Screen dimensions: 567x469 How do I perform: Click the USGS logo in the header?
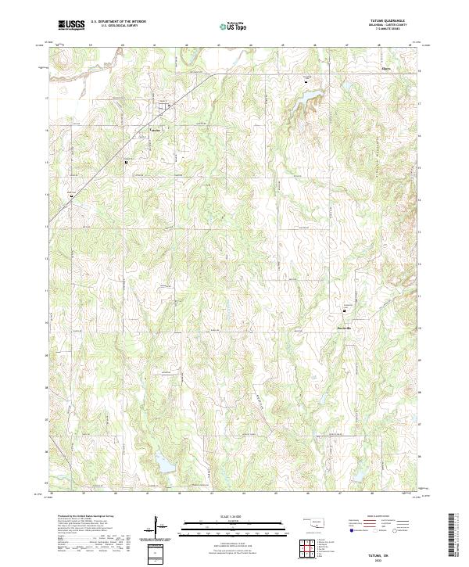pyautogui.click(x=71, y=25)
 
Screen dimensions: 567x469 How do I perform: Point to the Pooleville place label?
pyautogui.click(x=345, y=326)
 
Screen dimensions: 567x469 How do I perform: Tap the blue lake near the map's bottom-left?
pyautogui.click(x=164, y=465)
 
